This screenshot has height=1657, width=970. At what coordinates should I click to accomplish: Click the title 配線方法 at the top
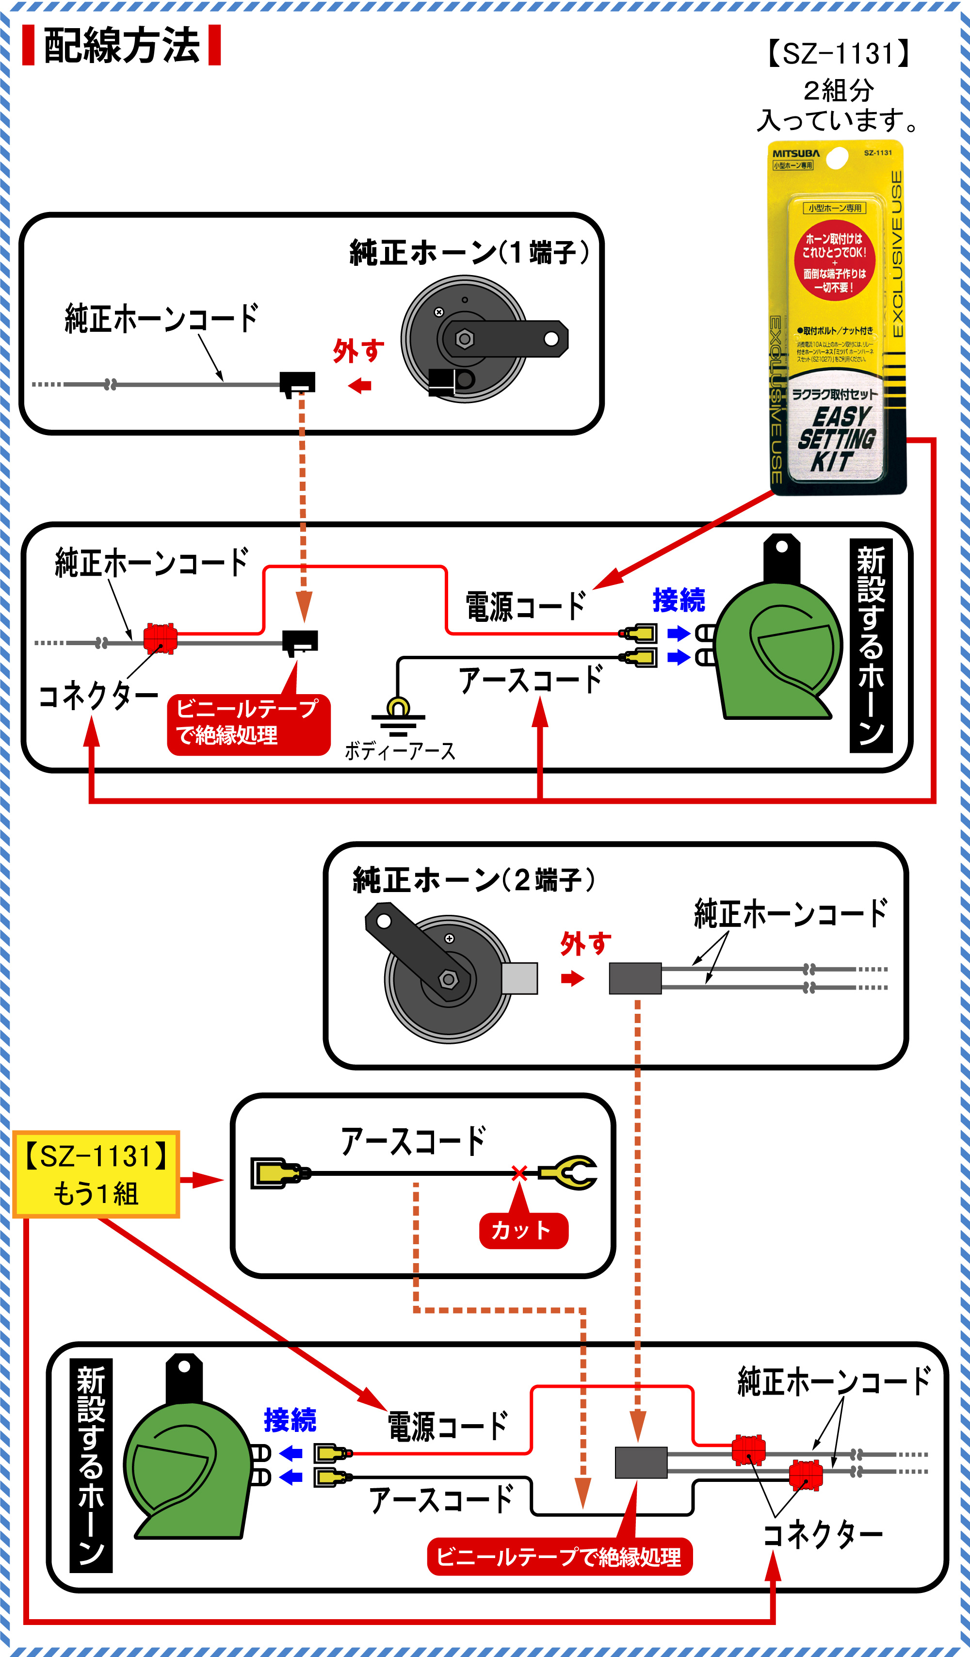coord(122,46)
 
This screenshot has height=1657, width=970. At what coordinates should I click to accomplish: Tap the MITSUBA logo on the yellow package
coord(796,153)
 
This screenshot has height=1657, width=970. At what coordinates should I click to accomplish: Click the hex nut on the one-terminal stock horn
coord(464,339)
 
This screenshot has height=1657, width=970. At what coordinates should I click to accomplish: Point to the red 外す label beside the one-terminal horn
coord(358,351)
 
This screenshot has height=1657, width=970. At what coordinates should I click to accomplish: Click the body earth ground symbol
coord(398,715)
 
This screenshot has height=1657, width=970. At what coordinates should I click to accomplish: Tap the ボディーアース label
coord(400,751)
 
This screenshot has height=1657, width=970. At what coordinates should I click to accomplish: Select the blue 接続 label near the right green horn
coord(679,600)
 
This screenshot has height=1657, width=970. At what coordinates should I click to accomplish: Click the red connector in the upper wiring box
coord(160,638)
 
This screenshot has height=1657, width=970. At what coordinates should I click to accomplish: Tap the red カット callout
coord(523,1230)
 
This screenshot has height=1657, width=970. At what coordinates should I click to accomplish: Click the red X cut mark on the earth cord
coord(519,1172)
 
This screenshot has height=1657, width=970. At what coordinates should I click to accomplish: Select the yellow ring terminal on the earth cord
coord(569,1172)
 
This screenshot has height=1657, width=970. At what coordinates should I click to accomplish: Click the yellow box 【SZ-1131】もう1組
coord(96,1174)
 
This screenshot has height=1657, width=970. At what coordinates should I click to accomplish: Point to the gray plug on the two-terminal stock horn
coord(519,978)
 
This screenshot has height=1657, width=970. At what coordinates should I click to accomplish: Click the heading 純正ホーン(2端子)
coord(473,880)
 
